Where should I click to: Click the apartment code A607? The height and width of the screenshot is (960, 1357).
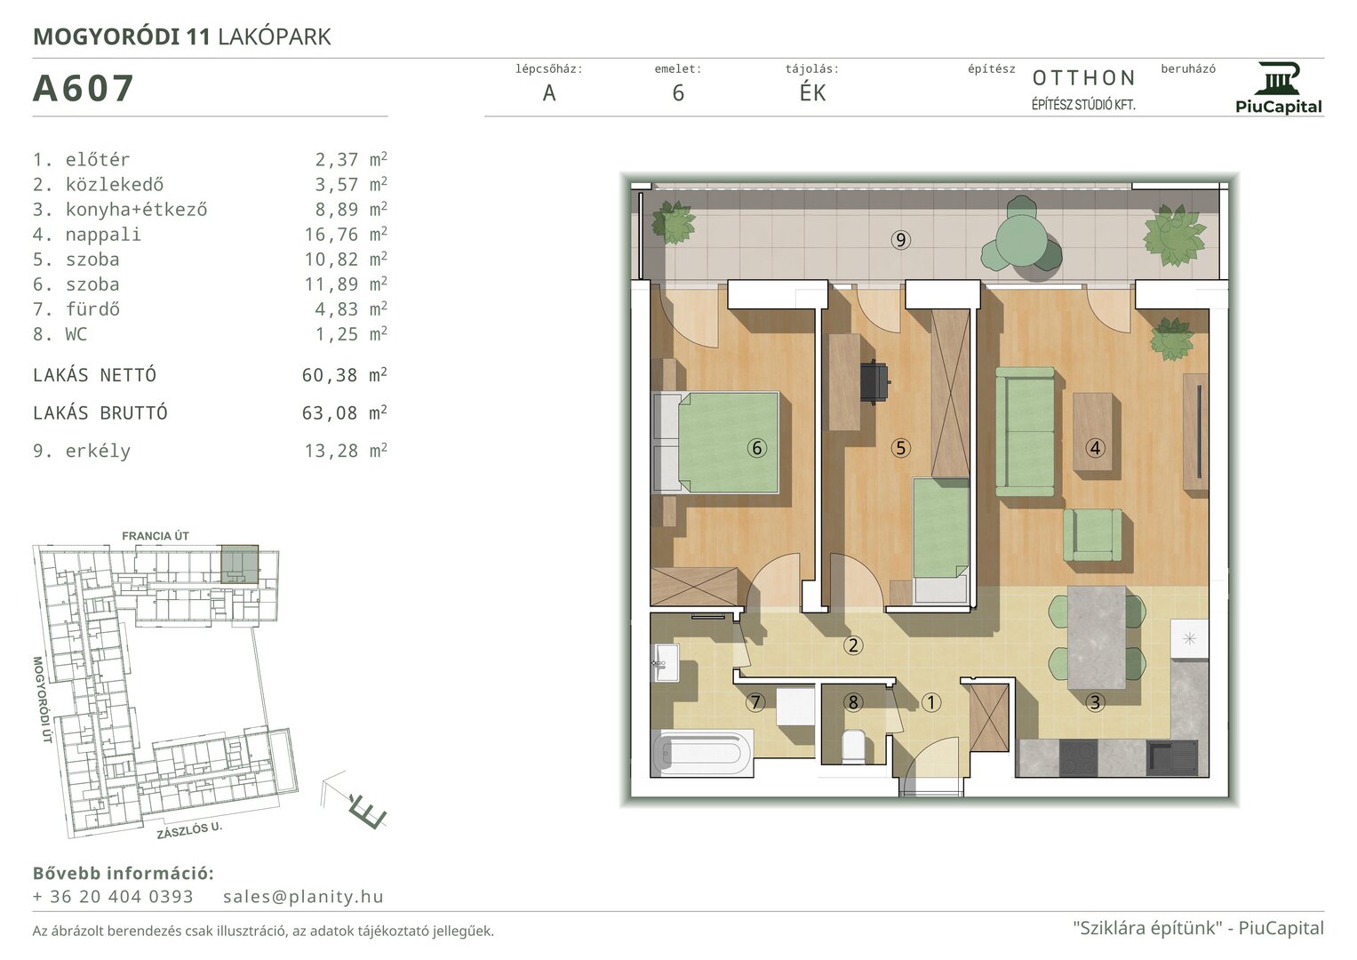tap(83, 89)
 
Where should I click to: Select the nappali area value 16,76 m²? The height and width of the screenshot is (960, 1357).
tap(346, 234)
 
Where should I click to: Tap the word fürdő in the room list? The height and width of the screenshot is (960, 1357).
tap(92, 309)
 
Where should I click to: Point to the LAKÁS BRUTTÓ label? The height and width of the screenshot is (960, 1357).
tap(100, 412)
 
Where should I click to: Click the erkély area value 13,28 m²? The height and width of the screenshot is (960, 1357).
tap(346, 451)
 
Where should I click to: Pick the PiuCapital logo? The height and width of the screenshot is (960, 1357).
tap(1279, 89)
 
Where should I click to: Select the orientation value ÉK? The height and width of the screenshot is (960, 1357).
tap(812, 92)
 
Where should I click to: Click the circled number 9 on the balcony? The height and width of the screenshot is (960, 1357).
tap(901, 240)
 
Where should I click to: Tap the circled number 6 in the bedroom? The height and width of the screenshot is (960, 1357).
tap(756, 448)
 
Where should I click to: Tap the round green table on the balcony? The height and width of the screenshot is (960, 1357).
tap(1021, 240)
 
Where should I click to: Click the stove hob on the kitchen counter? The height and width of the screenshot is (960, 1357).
tap(1078, 757)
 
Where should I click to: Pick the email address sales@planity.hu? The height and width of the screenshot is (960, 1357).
tap(303, 896)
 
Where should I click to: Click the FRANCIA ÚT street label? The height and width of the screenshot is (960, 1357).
tap(156, 536)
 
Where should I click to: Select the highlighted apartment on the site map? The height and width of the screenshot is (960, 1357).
tap(239, 564)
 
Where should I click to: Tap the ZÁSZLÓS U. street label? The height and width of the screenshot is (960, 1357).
tap(189, 830)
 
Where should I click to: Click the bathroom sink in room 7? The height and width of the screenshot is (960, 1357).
tap(666, 662)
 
